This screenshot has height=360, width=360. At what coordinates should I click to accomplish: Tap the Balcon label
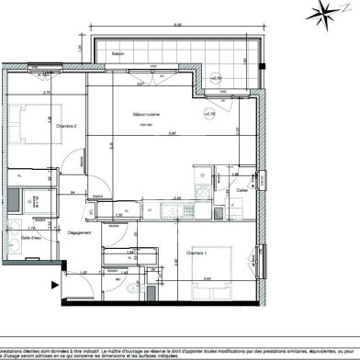click(x=118, y=53)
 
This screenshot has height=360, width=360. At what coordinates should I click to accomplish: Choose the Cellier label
click(x=242, y=190)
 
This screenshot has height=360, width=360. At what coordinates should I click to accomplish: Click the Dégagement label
click(x=79, y=232)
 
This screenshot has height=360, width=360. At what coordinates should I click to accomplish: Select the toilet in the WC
click(x=133, y=287)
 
